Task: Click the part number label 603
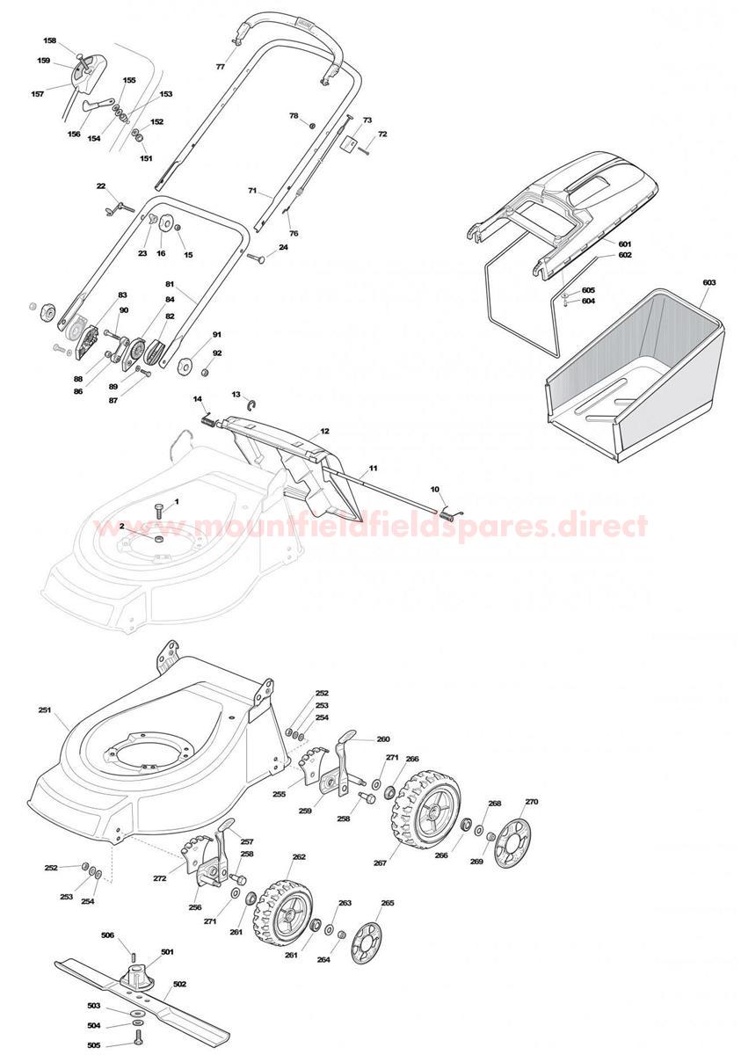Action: point(708,282)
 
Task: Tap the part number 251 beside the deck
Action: point(45,709)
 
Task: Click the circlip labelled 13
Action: point(252,404)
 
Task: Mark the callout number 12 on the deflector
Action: point(324,432)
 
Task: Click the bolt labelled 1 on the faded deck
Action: point(158,509)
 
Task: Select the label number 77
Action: point(221,68)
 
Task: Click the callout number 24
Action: point(283,247)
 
